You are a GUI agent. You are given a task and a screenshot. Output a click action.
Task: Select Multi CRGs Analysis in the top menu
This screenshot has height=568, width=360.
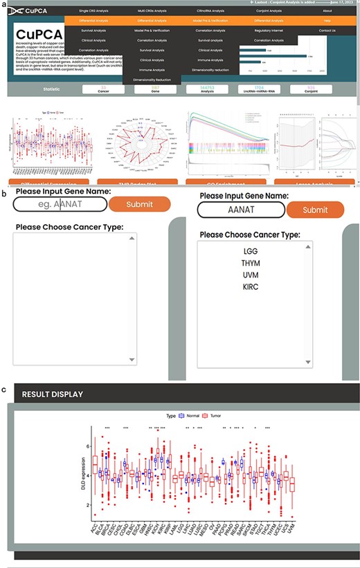click(x=152, y=11)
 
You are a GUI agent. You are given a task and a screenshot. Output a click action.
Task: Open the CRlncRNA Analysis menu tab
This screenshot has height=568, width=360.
click(x=210, y=11)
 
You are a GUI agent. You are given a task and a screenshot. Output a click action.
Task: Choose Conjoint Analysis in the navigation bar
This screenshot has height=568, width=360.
click(x=269, y=11)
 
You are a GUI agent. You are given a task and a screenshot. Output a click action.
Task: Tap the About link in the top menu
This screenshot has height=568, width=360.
click(x=327, y=11)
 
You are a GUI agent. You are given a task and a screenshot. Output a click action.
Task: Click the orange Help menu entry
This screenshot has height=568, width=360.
click(x=327, y=21)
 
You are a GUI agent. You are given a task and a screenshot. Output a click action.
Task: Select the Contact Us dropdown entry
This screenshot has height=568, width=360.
click(x=327, y=30)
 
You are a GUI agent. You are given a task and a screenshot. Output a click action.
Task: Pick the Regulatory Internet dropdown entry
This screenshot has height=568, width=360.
click(x=269, y=30)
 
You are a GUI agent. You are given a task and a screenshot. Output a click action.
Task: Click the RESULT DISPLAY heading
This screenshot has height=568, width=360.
click(x=53, y=394)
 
